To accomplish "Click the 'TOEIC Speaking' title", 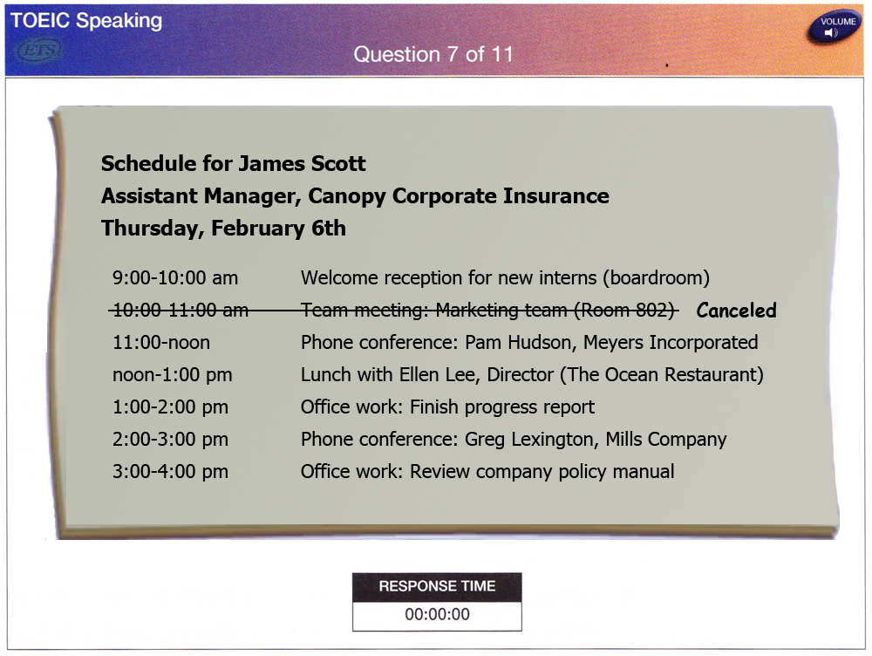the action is click(x=86, y=21).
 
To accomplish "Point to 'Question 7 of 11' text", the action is click(x=433, y=54).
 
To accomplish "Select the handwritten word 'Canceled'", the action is click(x=736, y=310).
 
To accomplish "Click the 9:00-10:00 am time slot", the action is click(x=175, y=277).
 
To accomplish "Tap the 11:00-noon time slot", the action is click(x=161, y=342).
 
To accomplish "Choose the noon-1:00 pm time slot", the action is click(x=173, y=375).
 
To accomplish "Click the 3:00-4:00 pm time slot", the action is click(x=170, y=472).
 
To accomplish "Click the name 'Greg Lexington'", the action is click(x=531, y=440).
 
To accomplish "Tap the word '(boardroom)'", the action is click(x=657, y=277).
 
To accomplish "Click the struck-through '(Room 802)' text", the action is click(x=624, y=310).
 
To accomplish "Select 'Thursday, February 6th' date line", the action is click(x=223, y=229).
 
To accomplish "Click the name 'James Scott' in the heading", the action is click(x=303, y=164).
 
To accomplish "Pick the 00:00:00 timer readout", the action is click(x=437, y=614).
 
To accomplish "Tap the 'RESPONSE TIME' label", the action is click(x=437, y=586).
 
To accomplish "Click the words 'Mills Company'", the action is click(x=666, y=440).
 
